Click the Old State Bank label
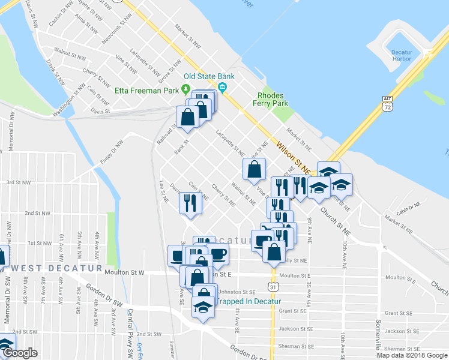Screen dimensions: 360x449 tap(207, 76)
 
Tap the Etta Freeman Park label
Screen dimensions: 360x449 tap(147, 91)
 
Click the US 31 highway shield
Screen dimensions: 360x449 tap(273, 287)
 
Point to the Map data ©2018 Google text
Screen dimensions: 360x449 tap(411, 355)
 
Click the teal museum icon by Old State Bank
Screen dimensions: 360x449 tap(223, 89)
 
